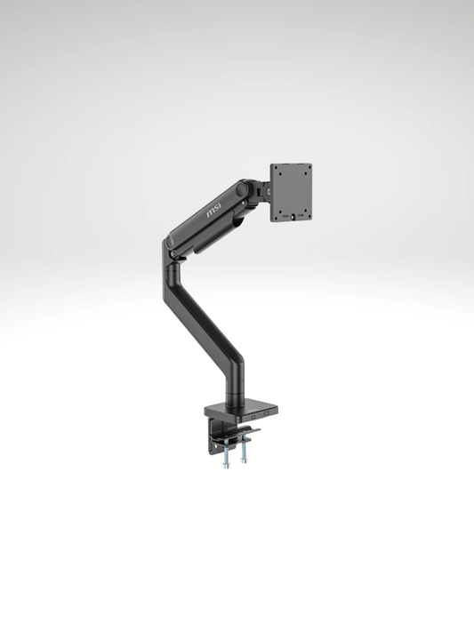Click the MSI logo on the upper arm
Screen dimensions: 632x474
point(215,212)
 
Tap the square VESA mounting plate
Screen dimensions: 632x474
point(291,192)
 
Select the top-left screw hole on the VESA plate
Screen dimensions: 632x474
point(277,171)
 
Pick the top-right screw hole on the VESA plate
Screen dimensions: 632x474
point(305,170)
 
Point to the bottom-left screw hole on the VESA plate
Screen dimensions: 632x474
point(277,213)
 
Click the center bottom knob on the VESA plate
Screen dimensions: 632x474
point(293,216)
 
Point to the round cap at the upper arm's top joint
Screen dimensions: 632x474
point(243,189)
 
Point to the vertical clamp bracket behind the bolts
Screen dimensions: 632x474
point(214,438)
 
